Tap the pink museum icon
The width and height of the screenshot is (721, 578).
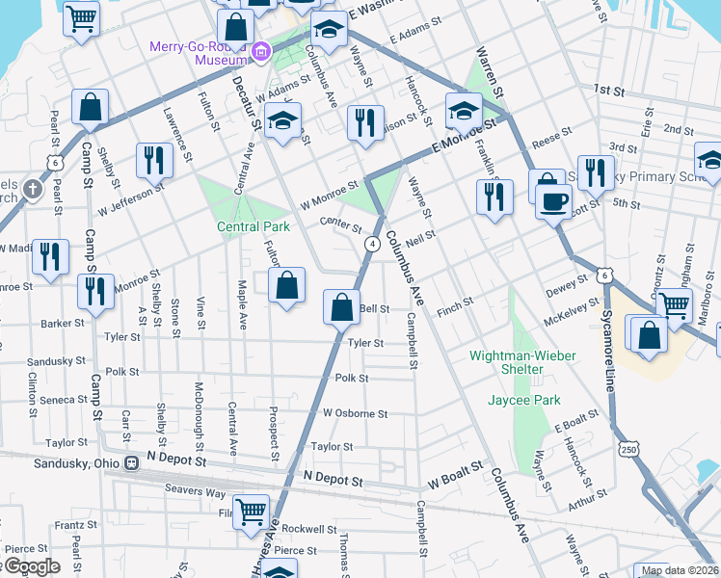click(x=259, y=52)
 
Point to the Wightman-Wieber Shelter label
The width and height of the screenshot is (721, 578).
click(x=522, y=355)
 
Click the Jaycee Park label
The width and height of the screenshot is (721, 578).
click(x=524, y=399)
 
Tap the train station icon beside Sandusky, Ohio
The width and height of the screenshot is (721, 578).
click(x=131, y=461)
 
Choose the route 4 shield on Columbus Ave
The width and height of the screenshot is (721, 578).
click(x=371, y=245)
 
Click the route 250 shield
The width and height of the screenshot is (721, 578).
click(x=629, y=449)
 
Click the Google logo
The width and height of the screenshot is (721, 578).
click(x=31, y=566)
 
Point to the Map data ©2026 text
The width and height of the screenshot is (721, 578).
click(x=679, y=570)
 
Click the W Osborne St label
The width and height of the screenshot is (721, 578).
click(x=355, y=413)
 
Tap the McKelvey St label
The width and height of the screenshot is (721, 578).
click(x=565, y=312)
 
